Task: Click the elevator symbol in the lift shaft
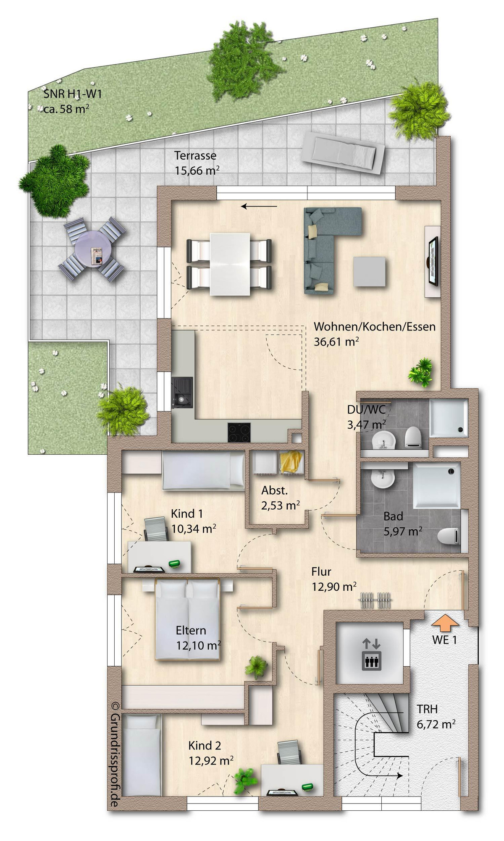click(371, 654)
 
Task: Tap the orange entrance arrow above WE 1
click(446, 622)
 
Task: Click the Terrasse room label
click(195, 155)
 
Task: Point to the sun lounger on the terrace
click(344, 153)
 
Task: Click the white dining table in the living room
click(230, 264)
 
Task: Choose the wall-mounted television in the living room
click(433, 261)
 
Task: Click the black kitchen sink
click(182, 392)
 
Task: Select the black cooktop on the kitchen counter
click(239, 432)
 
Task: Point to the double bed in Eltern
click(188, 619)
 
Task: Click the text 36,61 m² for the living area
click(336, 341)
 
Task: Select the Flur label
click(321, 571)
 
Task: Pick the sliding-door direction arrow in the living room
click(259, 206)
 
